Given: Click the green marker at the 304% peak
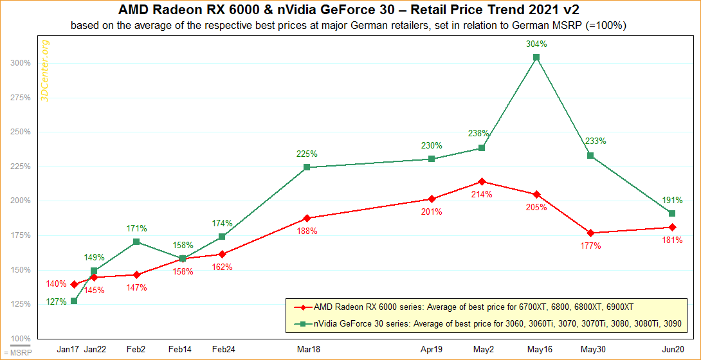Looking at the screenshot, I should pyautogui.click(x=536, y=57).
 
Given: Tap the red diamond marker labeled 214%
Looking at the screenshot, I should pyautogui.click(x=482, y=181).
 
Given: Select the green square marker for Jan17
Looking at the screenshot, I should pyautogui.click(x=75, y=301).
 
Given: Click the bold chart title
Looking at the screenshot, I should pyautogui.click(x=350, y=10).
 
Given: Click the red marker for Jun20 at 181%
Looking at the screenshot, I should pyautogui.click(x=671, y=227).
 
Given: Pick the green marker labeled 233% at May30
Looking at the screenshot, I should pyautogui.click(x=590, y=156).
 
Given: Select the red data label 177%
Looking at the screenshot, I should pyautogui.click(x=590, y=246).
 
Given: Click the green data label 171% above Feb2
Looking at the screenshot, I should pyautogui.click(x=136, y=228).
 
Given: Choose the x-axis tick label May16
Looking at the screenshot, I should pyautogui.click(x=536, y=349).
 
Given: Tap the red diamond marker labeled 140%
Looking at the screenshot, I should pyautogui.click(x=75, y=284).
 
